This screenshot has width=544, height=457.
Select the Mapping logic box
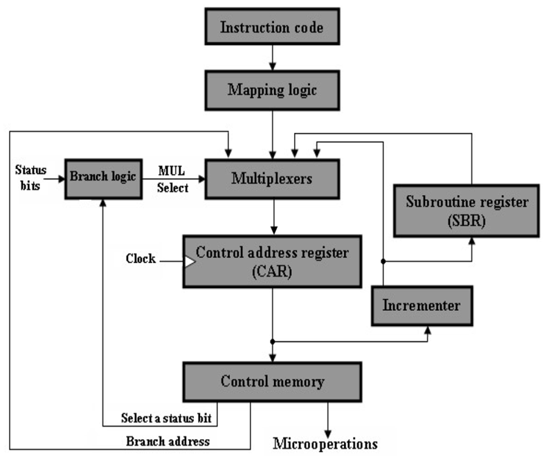pyautogui.click(x=272, y=91)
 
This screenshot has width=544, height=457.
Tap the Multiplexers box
pyautogui.click(x=272, y=179)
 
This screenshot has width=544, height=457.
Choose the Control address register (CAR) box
pyautogui.click(x=272, y=261)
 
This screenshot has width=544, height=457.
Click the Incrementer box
pyautogui.click(x=423, y=305)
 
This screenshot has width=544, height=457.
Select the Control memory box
pyautogui.click(x=272, y=382)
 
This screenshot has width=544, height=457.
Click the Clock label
pyautogui.click(x=140, y=259)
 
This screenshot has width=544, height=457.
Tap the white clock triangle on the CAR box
pyautogui.click(x=189, y=261)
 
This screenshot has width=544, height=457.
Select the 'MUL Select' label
pyautogui.click(x=172, y=179)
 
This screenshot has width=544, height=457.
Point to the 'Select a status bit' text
pyautogui.click(x=169, y=418)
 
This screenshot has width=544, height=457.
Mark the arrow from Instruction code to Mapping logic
pyautogui.click(x=272, y=58)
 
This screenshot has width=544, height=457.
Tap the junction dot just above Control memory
pyautogui.click(x=273, y=341)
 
